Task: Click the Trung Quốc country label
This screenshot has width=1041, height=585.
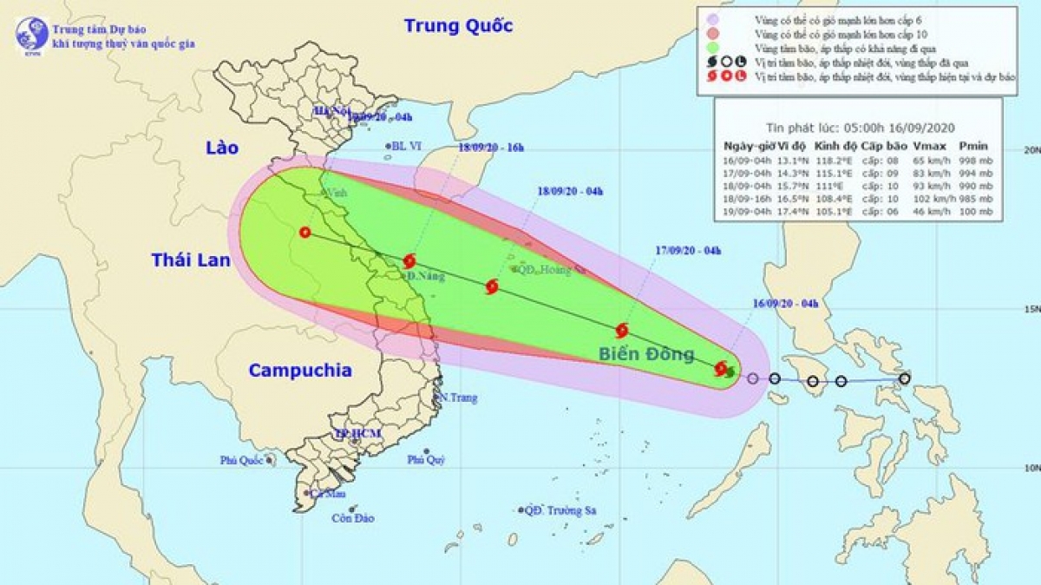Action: [458, 25]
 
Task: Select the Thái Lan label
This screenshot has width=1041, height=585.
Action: [191, 260]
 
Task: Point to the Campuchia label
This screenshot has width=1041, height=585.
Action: [300, 371]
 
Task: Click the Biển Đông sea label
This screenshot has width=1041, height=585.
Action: [645, 353]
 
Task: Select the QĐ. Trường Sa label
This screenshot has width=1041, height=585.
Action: [565, 510]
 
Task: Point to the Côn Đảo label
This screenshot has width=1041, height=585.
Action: [352, 518]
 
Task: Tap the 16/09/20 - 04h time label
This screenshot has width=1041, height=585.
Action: [786, 303]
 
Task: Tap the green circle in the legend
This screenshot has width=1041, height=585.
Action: [712, 47]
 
